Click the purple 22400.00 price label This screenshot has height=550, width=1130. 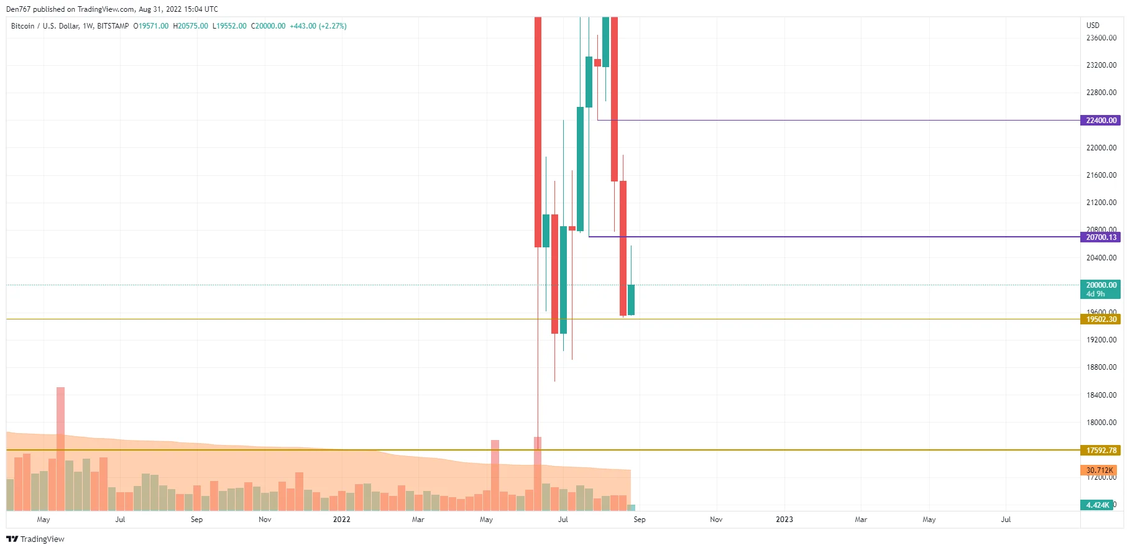click(x=1101, y=121)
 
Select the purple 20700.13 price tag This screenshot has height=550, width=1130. click(x=1101, y=237)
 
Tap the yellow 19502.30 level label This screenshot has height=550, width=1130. click(x=1101, y=319)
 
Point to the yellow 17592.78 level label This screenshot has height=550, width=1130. click(x=1101, y=451)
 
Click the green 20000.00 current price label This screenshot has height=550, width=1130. click(x=1101, y=285)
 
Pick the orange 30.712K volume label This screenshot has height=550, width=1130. click(x=1099, y=470)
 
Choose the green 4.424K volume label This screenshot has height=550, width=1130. click(x=1097, y=505)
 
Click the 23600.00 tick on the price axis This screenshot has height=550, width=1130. click(x=1101, y=38)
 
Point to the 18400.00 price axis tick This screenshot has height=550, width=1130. click(x=1101, y=395)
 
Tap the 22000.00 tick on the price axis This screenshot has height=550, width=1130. click(x=1101, y=148)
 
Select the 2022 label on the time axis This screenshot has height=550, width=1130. click(x=341, y=520)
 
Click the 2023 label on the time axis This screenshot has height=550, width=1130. click(x=784, y=520)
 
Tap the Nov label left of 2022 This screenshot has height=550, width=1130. click(x=265, y=520)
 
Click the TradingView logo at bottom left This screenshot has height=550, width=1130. click(x=35, y=539)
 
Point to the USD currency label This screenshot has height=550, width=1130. click(x=1093, y=25)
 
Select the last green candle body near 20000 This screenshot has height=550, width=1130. click(x=631, y=300)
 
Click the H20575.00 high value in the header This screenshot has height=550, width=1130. click(x=190, y=26)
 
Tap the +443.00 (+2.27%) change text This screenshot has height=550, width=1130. click(x=318, y=26)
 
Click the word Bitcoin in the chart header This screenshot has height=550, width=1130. click(x=23, y=26)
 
